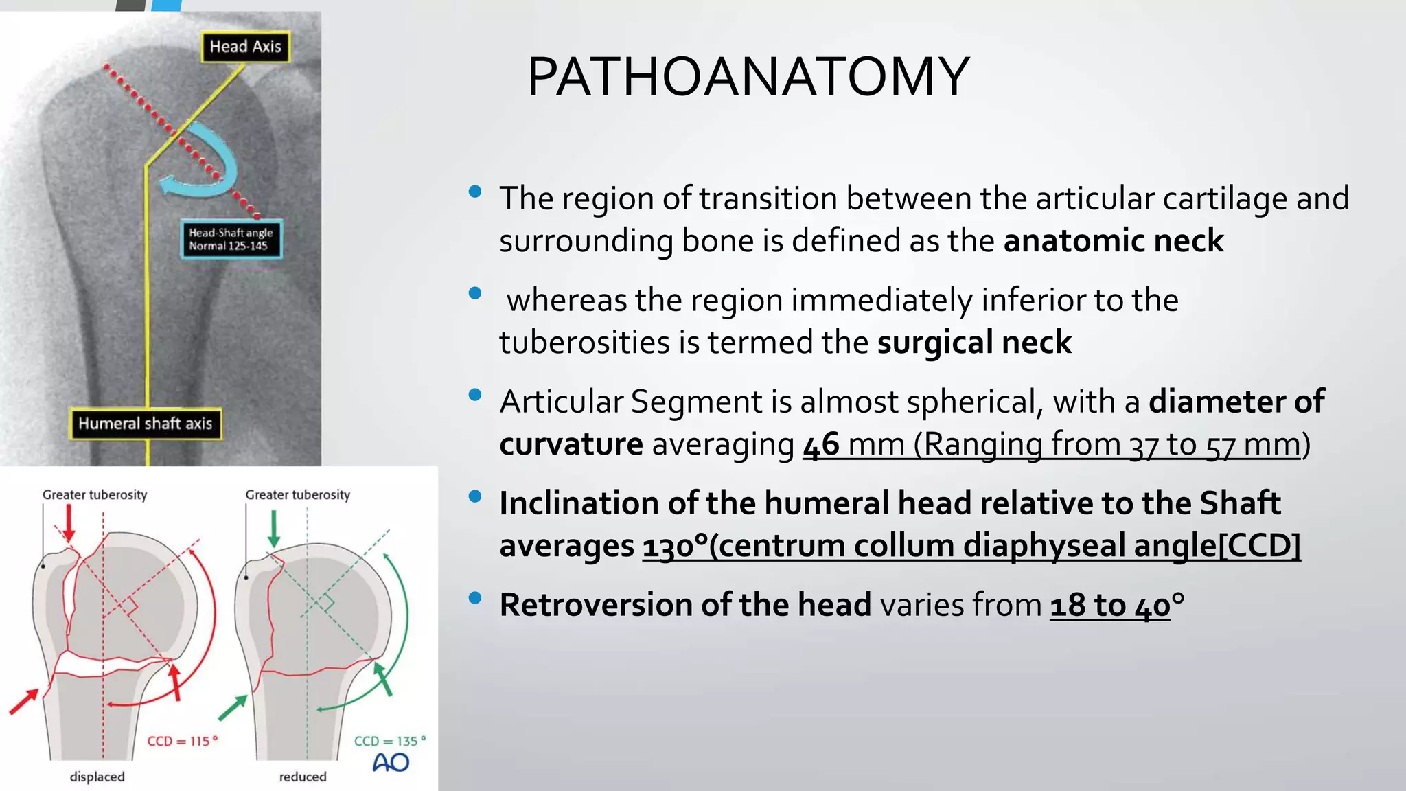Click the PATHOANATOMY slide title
pos(748,77)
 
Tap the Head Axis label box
pos(245,47)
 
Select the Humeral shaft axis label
pos(146,424)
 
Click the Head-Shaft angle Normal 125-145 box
pos(231,240)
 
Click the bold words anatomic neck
pos(1113,241)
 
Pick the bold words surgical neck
pos(973,343)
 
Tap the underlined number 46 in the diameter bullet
pos(820,444)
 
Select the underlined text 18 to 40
pos(1109,606)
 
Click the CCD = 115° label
pos(182,742)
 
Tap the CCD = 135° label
pos(389,742)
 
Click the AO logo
pos(391,763)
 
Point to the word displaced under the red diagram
pos(97,777)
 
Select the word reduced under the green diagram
pos(303,777)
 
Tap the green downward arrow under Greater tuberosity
pos(274,529)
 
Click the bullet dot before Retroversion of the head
pos(474,598)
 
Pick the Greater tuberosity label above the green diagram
pos(297,494)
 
